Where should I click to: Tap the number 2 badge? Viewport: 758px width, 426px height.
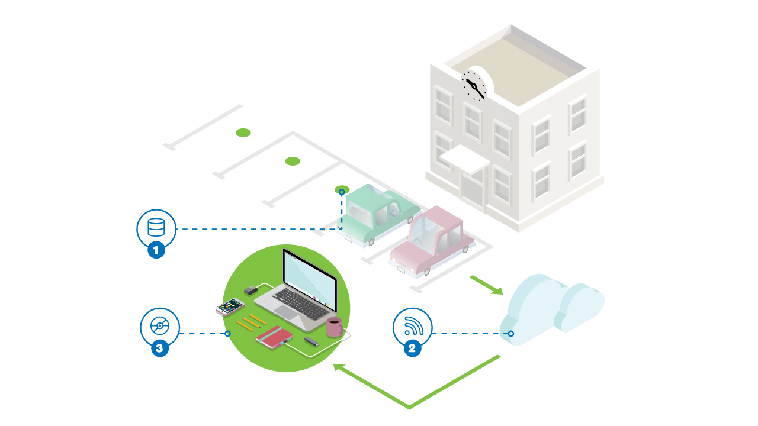point(413,348)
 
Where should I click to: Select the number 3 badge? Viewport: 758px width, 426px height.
point(159,348)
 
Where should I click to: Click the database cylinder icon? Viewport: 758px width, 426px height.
point(156,227)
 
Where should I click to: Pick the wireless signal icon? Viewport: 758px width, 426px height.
point(412,326)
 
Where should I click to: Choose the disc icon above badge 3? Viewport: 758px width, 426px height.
point(160,326)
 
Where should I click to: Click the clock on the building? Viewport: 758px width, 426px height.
point(474,86)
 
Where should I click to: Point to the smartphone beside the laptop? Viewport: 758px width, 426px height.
point(230,306)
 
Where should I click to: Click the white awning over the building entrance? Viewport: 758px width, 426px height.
point(464,158)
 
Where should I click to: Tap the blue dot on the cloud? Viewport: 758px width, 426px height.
point(511,334)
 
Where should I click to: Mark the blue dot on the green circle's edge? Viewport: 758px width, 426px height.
point(227,334)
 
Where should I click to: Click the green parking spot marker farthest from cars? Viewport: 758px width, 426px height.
point(243,133)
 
